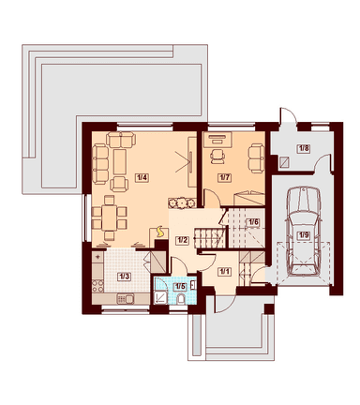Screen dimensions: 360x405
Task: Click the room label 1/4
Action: pyautogui.click(x=142, y=177)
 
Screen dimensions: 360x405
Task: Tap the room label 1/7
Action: pyautogui.click(x=224, y=177)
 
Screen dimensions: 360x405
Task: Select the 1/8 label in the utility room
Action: pyautogui.click(x=304, y=148)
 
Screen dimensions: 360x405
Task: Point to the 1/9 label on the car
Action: pyautogui.click(x=304, y=235)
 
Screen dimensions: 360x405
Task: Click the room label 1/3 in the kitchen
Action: pyautogui.click(x=124, y=277)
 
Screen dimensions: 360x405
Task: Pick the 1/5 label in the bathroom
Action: pyautogui.click(x=180, y=286)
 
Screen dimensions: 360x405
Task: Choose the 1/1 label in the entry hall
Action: pyautogui.click(x=224, y=272)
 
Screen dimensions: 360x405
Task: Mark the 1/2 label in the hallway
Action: pyautogui.click(x=182, y=240)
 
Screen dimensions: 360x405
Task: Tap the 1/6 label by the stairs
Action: pyautogui.click(x=253, y=222)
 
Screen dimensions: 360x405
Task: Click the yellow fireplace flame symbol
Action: pyautogui.click(x=160, y=232)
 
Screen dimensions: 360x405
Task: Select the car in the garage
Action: pyautogui.click(x=304, y=232)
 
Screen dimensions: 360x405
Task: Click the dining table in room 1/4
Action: pyautogui.click(x=110, y=217)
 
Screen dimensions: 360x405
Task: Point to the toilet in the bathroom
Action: pyautogui.click(x=181, y=299)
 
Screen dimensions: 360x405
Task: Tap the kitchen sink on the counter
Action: pyautogui.click(x=126, y=299)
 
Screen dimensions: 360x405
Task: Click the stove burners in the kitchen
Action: pyautogui.click(x=97, y=286)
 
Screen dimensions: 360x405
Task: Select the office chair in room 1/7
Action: pyautogui.click(x=217, y=156)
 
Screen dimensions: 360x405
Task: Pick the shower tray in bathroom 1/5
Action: pyautogui.click(x=161, y=297)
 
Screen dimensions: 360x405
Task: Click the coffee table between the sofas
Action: pyautogui.click(x=120, y=161)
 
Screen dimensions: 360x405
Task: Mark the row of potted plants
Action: pyautogui.click(x=181, y=203)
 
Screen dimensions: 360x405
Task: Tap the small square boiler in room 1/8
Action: pyautogui.click(x=284, y=162)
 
